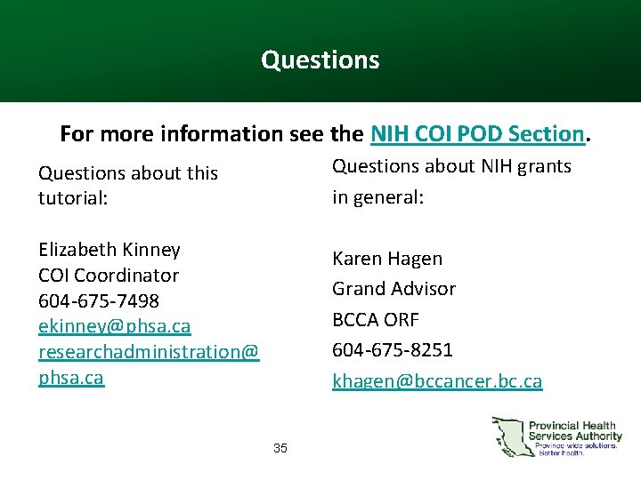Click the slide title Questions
coord(320,60)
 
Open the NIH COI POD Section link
coord(476,134)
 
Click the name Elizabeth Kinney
coord(109,250)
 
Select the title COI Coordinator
coord(108,276)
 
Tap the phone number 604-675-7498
coord(98,301)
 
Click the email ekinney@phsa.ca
coord(114,326)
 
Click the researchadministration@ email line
coord(148,352)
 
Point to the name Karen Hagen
coord(386,259)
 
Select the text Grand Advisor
coord(394,289)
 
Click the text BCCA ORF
coord(375,319)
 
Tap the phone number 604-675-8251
coord(392,349)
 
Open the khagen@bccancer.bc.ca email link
coord(436,381)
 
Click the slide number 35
coord(280,448)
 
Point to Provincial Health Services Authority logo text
coord(575,431)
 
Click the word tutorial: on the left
coord(72,198)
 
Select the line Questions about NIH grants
coord(451,166)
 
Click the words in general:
coord(377,196)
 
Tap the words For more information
coord(169,134)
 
